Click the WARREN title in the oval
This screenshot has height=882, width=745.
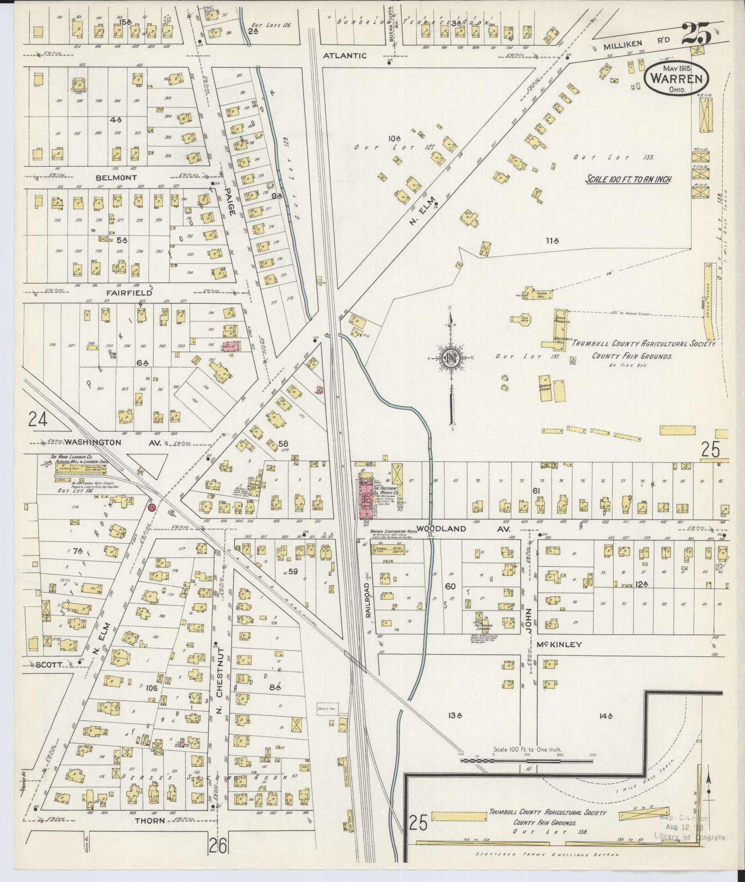676,78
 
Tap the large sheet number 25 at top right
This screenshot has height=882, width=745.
696,34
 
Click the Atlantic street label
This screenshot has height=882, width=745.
351,56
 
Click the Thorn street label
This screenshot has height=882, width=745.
150,821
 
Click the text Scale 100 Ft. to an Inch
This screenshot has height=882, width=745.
628,179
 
